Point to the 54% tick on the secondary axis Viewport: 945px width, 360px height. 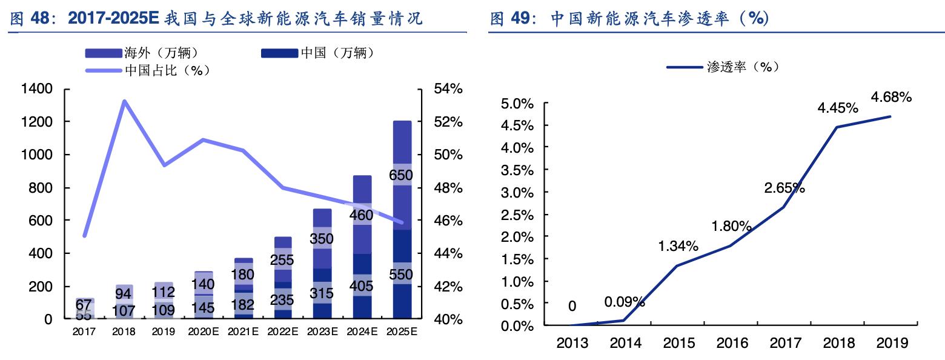click(448, 89)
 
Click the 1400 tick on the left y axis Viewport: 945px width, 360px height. click(38, 89)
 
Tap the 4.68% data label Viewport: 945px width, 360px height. click(890, 97)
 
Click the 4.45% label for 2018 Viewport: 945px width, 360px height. click(837, 108)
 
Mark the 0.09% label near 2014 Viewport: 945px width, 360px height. click(624, 302)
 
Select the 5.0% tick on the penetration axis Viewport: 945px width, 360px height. click(517, 104)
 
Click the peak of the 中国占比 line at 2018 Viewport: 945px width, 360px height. click(124, 101)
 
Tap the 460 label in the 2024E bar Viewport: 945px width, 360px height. click(362, 215)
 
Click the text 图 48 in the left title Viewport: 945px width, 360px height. click(30, 19)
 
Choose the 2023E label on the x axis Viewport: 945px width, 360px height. click(322, 332)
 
